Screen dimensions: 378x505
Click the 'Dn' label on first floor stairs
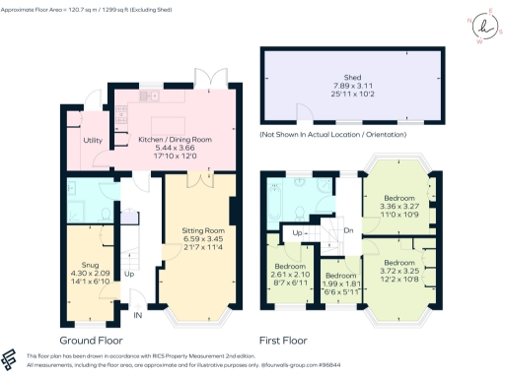tap(347, 231)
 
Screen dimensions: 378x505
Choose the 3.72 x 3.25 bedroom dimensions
tap(398, 272)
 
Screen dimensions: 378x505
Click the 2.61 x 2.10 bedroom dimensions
tap(290, 276)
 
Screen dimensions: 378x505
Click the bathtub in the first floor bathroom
tap(275, 202)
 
